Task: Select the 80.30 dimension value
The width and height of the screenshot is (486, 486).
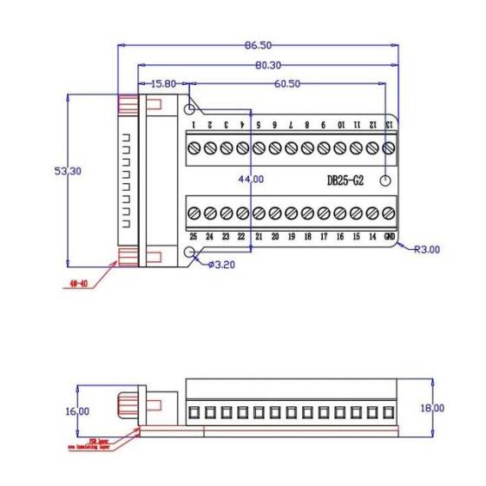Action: tap(267, 64)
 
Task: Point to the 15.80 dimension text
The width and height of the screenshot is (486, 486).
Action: tap(163, 84)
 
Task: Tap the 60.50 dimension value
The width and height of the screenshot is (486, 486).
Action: tap(287, 84)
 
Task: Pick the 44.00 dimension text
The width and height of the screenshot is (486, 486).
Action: tap(251, 180)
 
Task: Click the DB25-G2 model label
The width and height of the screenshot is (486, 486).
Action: tap(345, 181)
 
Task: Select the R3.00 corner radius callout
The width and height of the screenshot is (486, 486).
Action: tap(427, 249)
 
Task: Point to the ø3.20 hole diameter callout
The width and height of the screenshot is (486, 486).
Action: tap(223, 264)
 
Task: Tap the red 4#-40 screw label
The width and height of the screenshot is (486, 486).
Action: tap(79, 283)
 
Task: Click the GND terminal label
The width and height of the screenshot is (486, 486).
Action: tap(391, 236)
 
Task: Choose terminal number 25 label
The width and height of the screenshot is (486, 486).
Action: tap(193, 236)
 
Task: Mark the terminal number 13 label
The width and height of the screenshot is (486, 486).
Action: tap(390, 125)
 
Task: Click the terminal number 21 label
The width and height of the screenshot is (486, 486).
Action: tap(259, 236)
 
